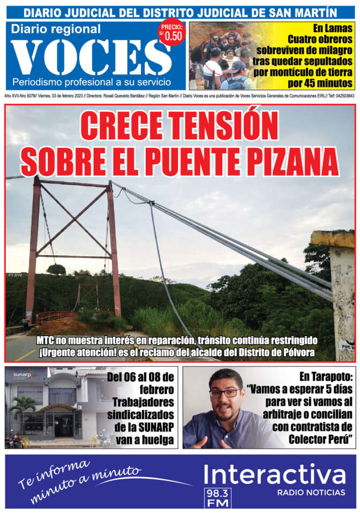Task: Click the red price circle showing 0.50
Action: click(x=171, y=33)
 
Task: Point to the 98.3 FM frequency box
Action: click(x=216, y=497)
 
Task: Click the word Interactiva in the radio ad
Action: click(x=274, y=475)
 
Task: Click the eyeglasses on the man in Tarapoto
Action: click(x=224, y=393)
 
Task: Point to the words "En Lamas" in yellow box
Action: click(x=333, y=28)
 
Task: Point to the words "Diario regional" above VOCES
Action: click(x=56, y=29)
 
